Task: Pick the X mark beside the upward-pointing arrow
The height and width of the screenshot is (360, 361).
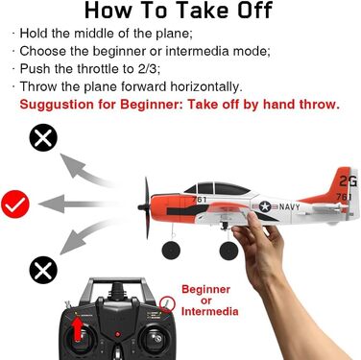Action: tap(42, 140)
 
